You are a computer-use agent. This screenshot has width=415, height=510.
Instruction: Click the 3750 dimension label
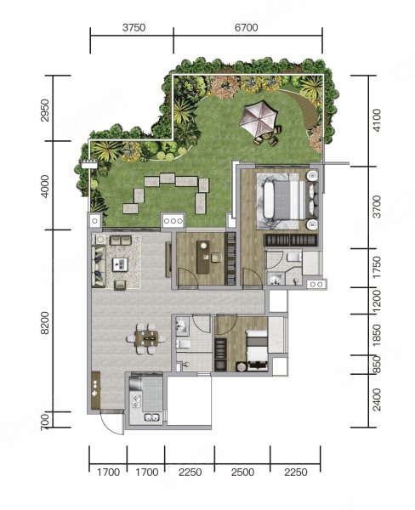134,28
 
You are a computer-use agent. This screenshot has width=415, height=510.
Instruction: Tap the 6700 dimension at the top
247,28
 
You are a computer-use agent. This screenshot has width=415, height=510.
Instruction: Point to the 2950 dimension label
45,110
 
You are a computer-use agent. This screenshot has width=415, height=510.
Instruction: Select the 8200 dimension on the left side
45,323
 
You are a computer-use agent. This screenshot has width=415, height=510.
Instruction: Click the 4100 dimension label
377,121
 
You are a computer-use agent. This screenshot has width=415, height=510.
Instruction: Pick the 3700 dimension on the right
377,207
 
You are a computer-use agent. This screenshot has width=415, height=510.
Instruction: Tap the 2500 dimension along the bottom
243,472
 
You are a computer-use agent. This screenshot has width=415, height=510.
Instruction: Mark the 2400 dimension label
377,399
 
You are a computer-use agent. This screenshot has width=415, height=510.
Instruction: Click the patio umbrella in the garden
259,118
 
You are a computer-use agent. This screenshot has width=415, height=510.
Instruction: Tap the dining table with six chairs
146,338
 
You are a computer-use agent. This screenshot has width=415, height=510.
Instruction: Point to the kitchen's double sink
151,417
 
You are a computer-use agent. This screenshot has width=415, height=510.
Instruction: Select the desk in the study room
204,257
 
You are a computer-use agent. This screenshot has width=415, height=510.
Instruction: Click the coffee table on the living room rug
121,264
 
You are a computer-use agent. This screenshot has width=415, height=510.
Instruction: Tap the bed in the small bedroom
257,350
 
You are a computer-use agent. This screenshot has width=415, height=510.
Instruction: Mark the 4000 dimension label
45,186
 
